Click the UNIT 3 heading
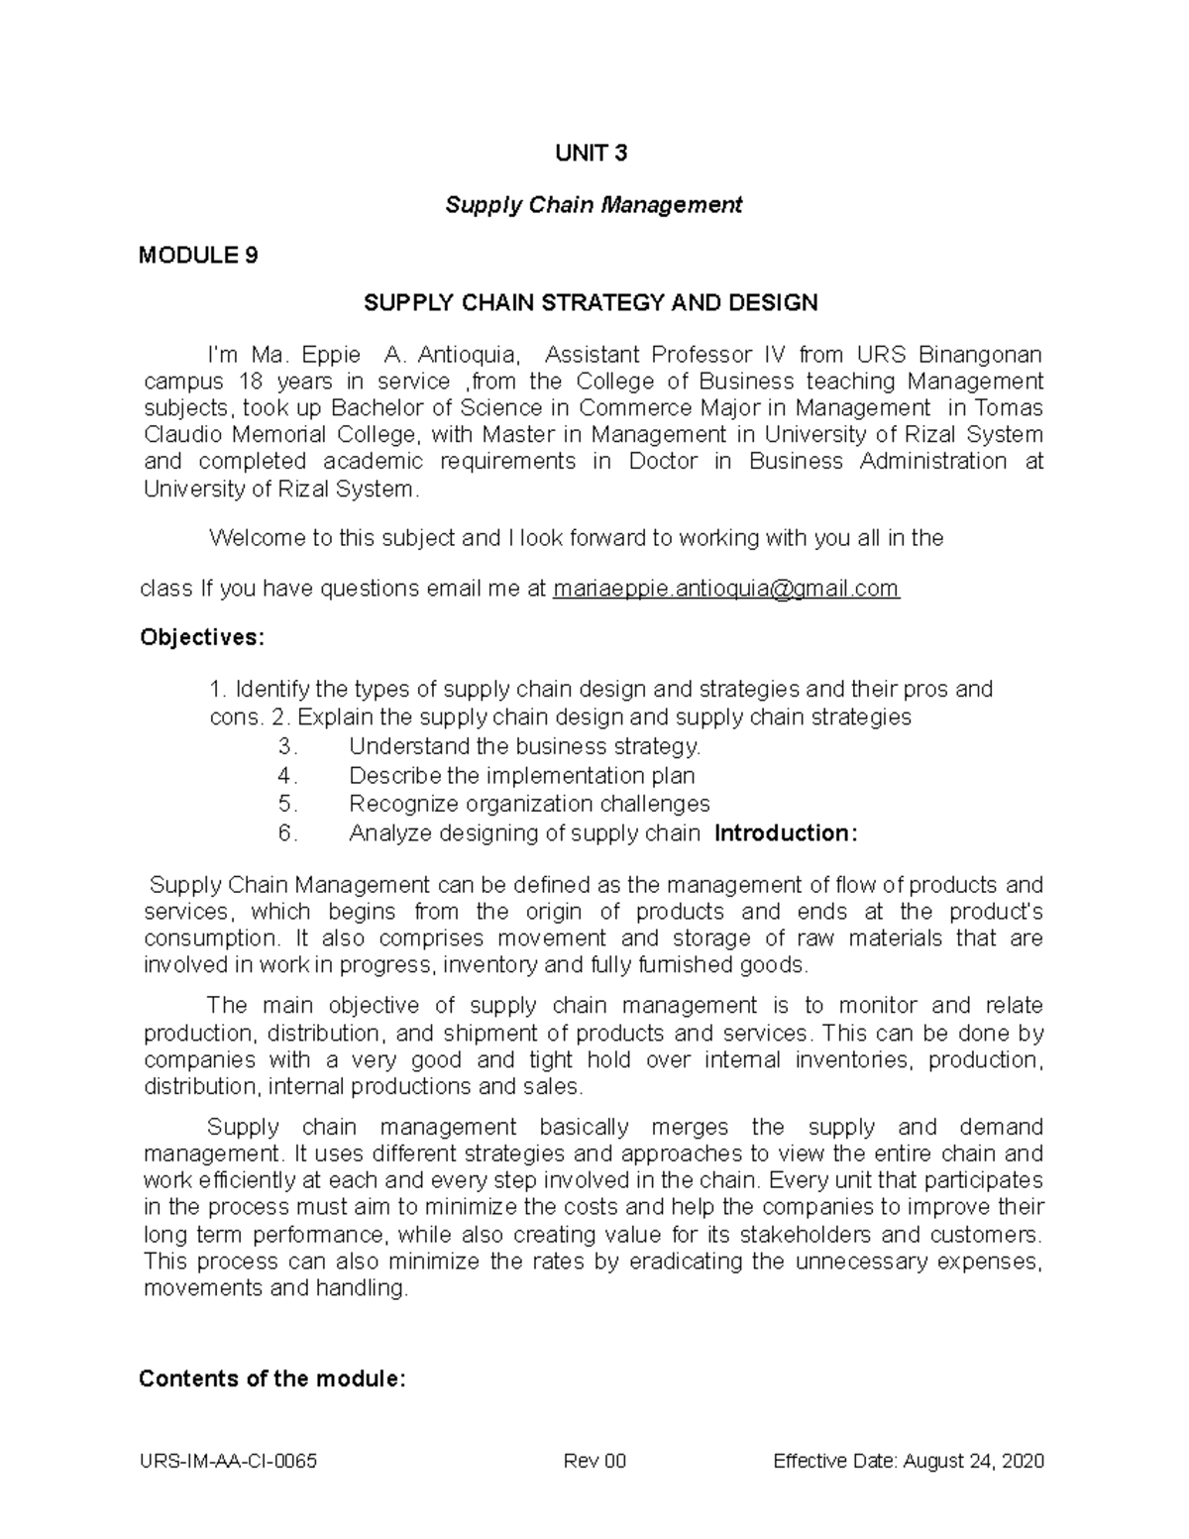tap(593, 154)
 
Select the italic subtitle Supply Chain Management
tap(593, 205)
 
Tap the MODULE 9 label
tap(198, 256)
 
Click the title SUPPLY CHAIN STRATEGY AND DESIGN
tap(591, 303)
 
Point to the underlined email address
tap(725, 589)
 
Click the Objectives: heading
tap(202, 637)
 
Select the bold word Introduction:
tap(786, 833)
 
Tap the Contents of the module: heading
tap(272, 1378)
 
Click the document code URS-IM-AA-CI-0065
tap(230, 1462)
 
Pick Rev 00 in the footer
tap(594, 1462)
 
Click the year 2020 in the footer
tap(1022, 1462)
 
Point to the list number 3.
tap(287, 746)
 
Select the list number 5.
tap(287, 804)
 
